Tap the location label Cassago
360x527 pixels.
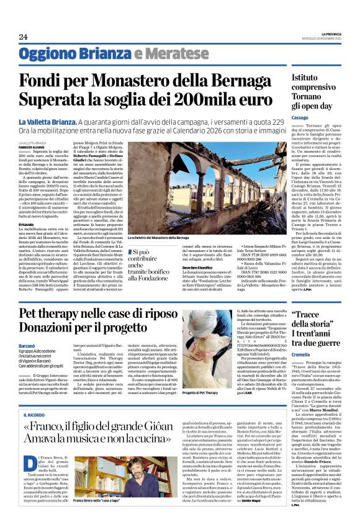(300, 117)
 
